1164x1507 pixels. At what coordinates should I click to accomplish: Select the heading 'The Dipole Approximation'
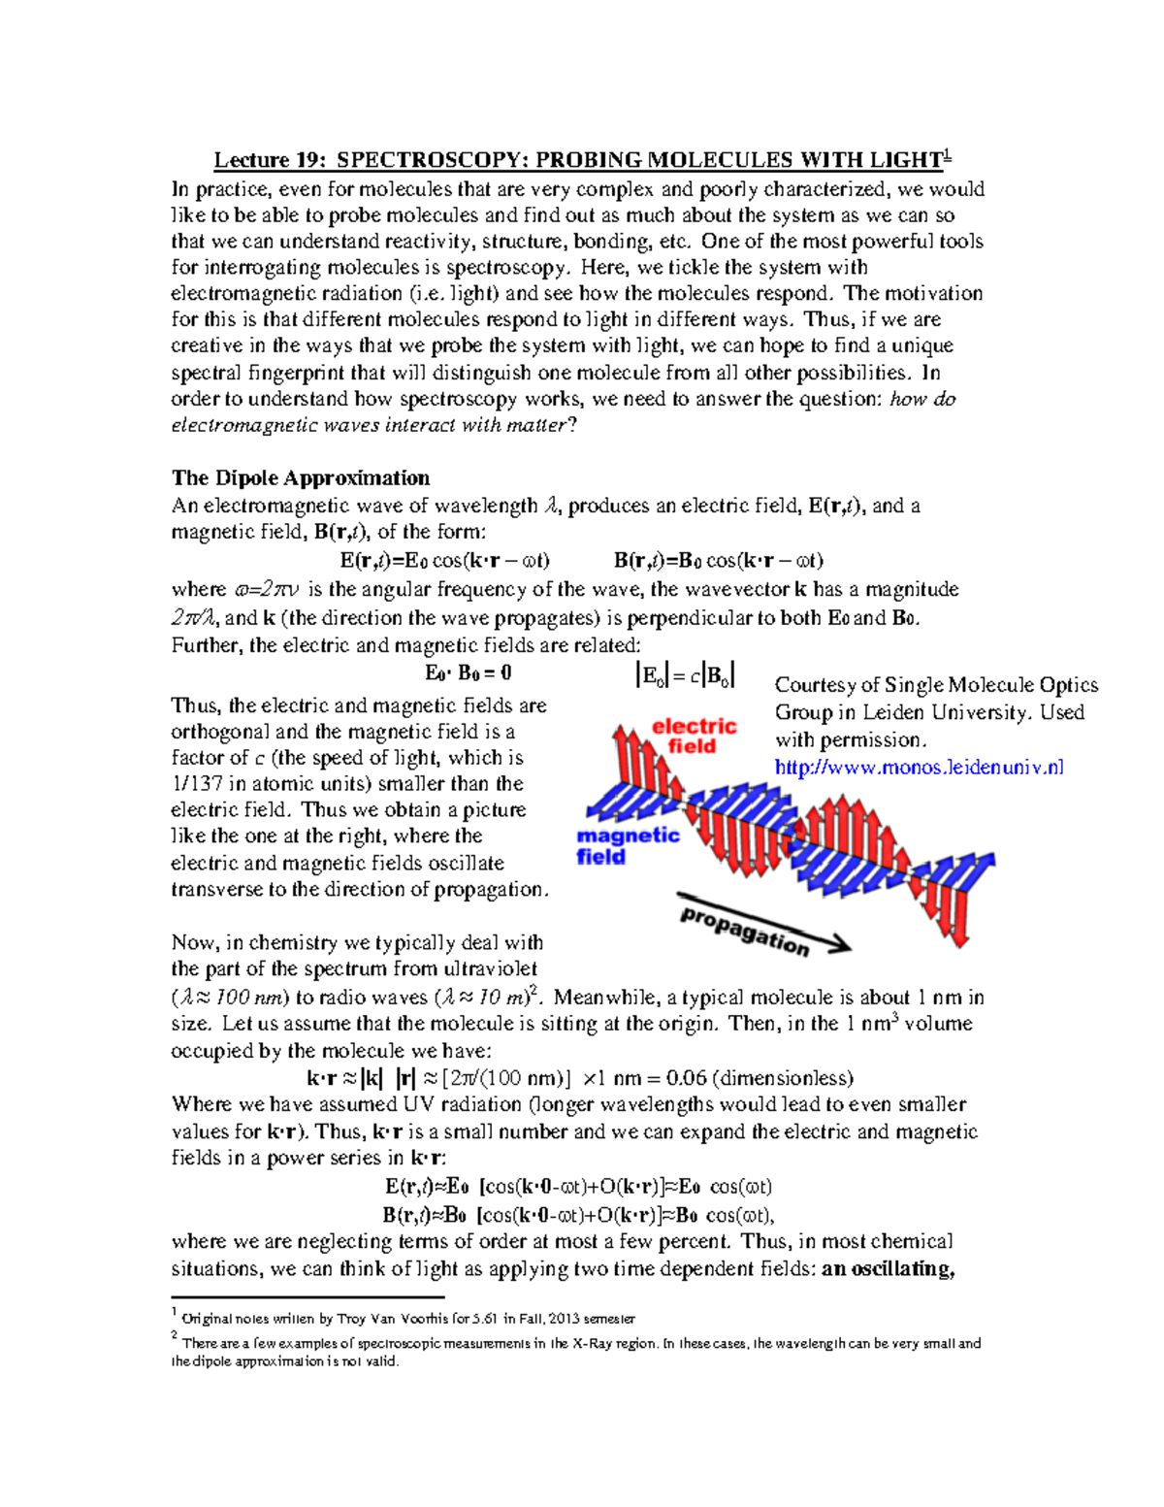point(301,477)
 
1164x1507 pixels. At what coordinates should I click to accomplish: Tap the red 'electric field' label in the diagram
point(694,737)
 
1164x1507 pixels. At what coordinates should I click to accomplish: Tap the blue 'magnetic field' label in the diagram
point(627,846)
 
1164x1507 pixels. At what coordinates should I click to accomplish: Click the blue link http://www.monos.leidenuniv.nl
point(919,767)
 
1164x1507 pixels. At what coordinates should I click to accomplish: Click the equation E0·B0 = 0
point(469,673)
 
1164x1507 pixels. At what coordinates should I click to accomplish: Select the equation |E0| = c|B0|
point(685,675)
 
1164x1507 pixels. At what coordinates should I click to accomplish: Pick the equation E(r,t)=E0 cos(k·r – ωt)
point(445,560)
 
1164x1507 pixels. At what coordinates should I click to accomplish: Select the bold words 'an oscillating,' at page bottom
point(888,1268)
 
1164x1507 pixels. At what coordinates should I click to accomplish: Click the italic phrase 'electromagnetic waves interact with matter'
point(368,425)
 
